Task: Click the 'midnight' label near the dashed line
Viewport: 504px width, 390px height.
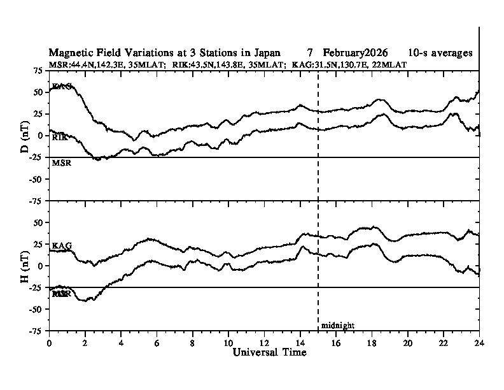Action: [x=337, y=326]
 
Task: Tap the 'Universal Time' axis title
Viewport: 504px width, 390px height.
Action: [x=264, y=352]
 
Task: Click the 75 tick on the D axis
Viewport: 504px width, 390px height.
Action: [x=38, y=70]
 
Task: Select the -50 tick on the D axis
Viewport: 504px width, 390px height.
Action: [x=36, y=179]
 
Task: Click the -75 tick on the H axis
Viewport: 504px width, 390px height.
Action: [x=36, y=331]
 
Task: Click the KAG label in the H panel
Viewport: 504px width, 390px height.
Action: [x=61, y=245]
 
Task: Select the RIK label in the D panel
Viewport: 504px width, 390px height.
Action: [x=60, y=137]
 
